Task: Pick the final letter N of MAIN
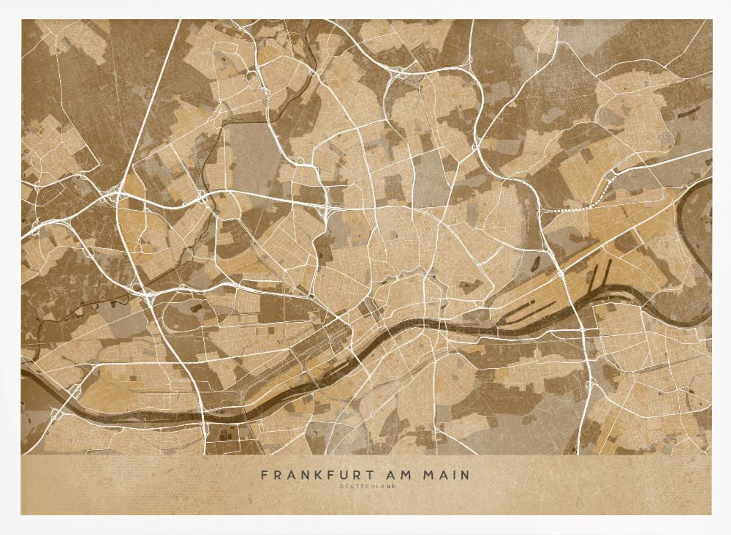click(466, 475)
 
